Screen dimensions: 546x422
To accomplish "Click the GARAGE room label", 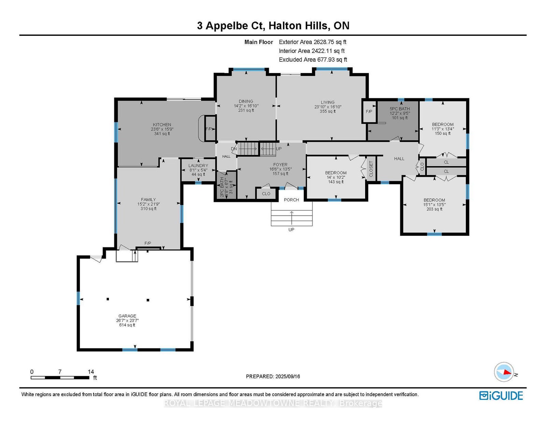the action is pos(127,316).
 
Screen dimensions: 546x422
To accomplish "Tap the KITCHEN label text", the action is pos(162,125).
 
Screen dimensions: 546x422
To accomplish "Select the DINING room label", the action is pos(246,101).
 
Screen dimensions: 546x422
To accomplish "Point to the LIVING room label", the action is pos(328,102).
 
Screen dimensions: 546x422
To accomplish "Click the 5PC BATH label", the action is pos(400,109).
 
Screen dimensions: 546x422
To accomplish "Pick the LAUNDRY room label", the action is pos(198,165).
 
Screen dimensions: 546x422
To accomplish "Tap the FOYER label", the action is pos(280,164).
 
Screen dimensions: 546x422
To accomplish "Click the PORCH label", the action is pos(291,200).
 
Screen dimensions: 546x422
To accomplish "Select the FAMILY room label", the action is pos(148,200).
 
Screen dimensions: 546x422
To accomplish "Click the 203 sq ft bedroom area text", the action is pos(434,209).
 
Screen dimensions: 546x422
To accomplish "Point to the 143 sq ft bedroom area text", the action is pos(336,181).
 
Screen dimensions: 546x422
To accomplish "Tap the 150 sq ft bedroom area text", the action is pos(443,133).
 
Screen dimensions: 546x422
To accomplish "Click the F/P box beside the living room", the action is pos(369,112).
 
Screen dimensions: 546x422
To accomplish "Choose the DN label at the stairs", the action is pos(234,149).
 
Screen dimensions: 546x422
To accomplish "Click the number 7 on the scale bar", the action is pos(60,372).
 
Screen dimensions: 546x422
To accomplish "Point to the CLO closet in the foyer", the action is pos(266,194).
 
